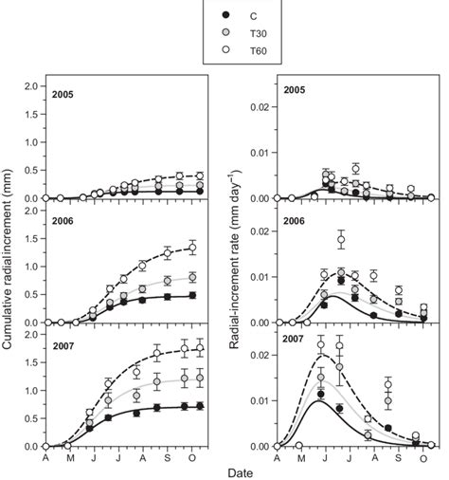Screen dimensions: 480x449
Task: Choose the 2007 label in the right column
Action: coord(291,340)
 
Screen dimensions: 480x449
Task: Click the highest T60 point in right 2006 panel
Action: coord(342,240)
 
